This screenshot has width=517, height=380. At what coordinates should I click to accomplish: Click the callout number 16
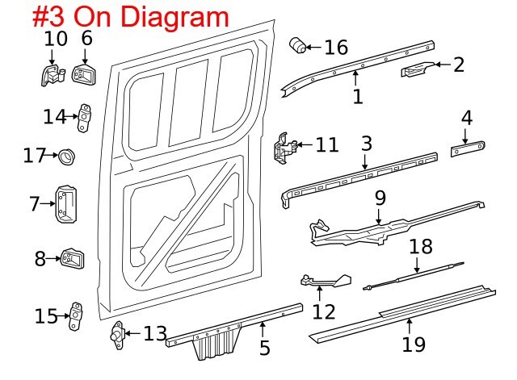[x=336, y=47]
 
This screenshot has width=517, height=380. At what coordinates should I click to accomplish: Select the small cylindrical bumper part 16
[x=298, y=45]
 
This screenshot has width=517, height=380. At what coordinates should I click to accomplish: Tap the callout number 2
[x=459, y=65]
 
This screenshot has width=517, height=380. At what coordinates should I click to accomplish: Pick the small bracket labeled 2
[x=418, y=69]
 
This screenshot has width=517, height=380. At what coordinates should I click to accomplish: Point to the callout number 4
[x=467, y=118]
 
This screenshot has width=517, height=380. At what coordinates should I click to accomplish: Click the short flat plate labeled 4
[x=468, y=148]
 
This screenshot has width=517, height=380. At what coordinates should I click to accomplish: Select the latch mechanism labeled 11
[x=284, y=148]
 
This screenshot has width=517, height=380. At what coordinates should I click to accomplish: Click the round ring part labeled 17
[x=67, y=157]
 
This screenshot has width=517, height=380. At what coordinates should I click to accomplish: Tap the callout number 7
[x=35, y=204]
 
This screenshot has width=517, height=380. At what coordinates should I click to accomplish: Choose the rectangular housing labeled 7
[x=66, y=203]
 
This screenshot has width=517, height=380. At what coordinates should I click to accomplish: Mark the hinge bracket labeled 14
[x=84, y=118]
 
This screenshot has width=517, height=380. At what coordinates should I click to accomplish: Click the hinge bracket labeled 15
[x=76, y=316]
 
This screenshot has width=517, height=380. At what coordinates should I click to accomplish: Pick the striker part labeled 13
[x=118, y=335]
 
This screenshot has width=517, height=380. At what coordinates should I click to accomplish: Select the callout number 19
[x=414, y=345]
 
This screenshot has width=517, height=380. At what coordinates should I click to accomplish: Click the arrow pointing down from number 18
[x=417, y=265]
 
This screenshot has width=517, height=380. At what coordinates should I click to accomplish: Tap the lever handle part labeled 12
[x=326, y=282]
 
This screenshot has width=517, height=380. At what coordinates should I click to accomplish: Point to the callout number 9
[x=380, y=198]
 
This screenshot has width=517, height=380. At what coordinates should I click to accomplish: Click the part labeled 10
[x=53, y=75]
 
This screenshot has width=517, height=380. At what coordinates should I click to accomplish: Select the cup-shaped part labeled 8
[x=73, y=258]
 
